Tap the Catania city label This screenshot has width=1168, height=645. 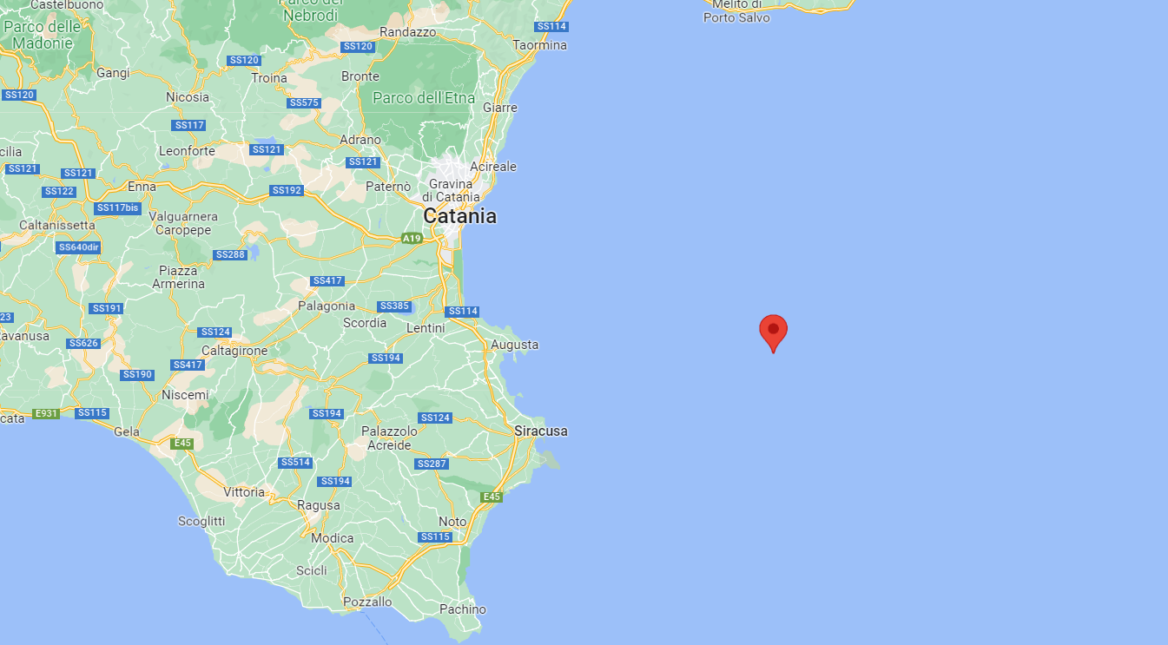(459, 216)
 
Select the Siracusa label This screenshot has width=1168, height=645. (540, 431)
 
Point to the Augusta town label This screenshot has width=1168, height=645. (515, 345)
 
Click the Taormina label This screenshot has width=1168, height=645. (540, 45)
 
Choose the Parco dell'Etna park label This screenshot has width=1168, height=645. (424, 98)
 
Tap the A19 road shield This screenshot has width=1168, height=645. (412, 238)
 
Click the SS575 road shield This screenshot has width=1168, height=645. (304, 103)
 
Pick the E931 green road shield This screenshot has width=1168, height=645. (45, 413)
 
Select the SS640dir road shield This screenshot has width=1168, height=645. (78, 247)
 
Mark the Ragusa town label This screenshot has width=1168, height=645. (319, 505)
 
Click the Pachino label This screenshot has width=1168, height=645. (463, 609)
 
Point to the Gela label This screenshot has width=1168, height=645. (127, 431)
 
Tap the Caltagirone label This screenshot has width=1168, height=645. (234, 350)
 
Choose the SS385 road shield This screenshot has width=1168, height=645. (393, 306)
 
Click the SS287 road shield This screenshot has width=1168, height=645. (432, 464)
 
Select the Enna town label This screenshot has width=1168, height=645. (142, 187)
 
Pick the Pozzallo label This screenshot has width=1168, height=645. (368, 602)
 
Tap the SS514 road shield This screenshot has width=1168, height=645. (295, 463)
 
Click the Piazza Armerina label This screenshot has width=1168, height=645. (179, 277)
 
